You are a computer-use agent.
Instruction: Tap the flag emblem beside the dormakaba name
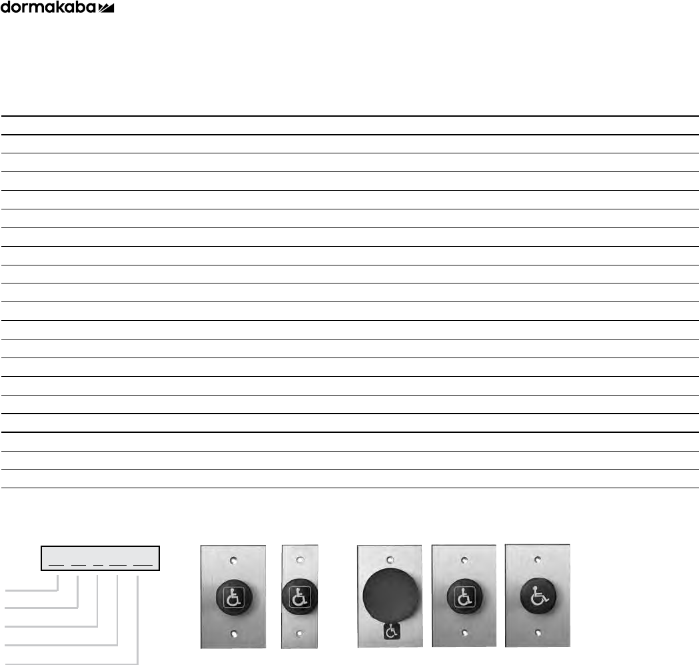[106, 8]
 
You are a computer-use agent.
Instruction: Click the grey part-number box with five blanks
[101, 557]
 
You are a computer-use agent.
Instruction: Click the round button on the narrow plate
[300, 596]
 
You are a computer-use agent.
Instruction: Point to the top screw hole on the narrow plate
[300, 559]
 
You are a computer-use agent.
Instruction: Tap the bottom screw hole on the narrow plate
[300, 633]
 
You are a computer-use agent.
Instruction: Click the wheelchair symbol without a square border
[536, 595]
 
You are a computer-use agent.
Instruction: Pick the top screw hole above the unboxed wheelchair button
[536, 559]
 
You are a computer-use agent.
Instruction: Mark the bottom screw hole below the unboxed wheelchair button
[536, 631]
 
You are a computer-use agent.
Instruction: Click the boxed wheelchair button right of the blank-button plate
[464, 595]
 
